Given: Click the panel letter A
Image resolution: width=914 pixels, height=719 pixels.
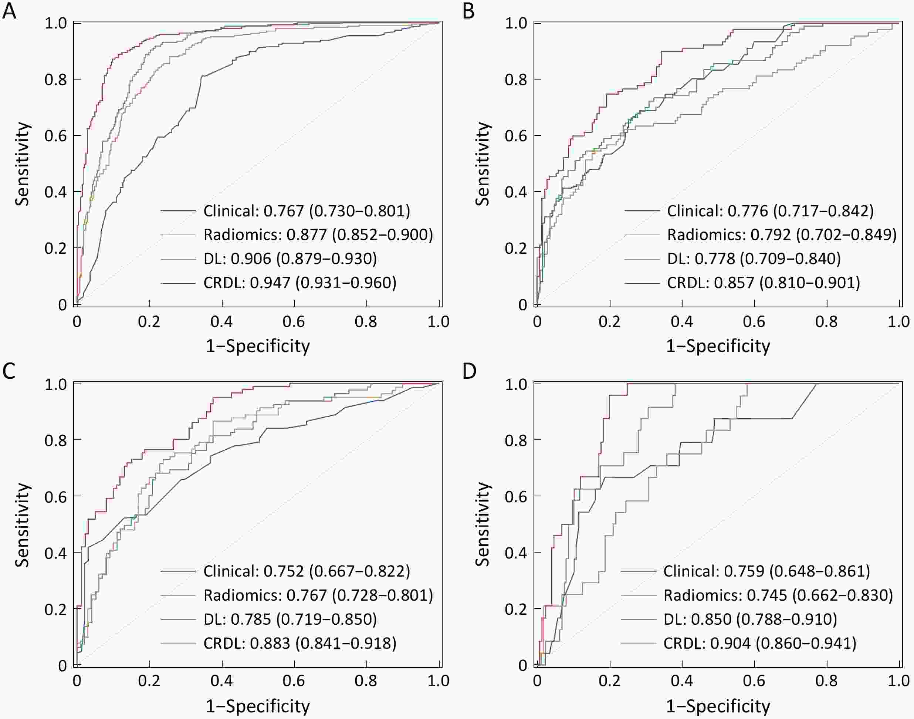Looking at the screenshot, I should point(9,11).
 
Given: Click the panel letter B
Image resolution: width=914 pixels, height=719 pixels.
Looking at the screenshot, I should point(469,11).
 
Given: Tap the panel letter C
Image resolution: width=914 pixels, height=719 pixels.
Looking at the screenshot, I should point(9,371).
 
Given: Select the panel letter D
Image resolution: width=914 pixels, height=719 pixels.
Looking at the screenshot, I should point(469,371).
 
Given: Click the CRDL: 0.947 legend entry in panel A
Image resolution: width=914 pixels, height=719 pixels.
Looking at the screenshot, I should point(299,283).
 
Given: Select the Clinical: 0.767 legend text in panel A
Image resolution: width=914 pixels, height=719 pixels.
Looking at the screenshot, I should point(307,210).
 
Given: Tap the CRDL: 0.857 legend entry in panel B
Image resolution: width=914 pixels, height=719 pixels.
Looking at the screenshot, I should point(764,283).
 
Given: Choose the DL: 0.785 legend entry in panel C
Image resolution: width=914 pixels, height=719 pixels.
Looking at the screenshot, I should point(290,619).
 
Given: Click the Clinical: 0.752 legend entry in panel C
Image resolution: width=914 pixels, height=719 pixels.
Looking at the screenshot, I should point(307,571).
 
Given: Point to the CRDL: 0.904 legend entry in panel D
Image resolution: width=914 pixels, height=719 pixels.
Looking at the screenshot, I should point(759,643).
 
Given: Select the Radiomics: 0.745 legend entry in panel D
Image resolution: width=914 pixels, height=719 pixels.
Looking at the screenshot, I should point(778,595).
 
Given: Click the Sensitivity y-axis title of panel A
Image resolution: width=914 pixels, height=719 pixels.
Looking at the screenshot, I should point(22,164).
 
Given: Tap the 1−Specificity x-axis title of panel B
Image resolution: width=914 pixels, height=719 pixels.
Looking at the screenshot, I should point(718,346).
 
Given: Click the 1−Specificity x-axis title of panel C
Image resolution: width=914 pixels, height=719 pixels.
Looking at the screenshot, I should point(258,706).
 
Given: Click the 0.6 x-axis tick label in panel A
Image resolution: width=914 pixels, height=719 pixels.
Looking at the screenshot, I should point(294,322).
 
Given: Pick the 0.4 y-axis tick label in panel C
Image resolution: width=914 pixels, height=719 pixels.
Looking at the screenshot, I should point(55,553).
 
